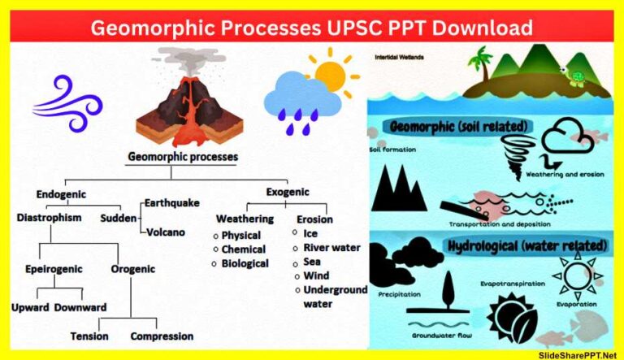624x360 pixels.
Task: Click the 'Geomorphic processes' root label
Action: click(x=183, y=156)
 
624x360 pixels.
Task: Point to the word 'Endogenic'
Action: click(x=61, y=194)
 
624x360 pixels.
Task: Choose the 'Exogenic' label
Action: click(x=288, y=192)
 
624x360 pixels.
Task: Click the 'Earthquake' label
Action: click(x=171, y=202)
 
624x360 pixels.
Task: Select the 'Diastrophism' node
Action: click(x=51, y=218)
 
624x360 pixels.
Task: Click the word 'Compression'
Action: click(x=162, y=336)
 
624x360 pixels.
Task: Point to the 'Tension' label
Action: click(x=89, y=336)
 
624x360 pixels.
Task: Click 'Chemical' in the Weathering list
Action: click(x=244, y=249)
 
